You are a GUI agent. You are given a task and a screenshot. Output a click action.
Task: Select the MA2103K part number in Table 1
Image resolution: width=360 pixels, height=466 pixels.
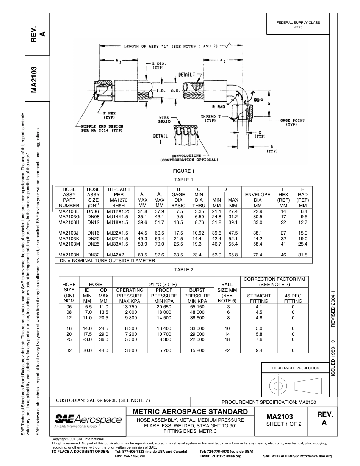[x=69, y=239]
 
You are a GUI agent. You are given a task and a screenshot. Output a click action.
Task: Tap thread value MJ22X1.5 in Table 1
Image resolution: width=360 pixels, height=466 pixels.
[x=118, y=233]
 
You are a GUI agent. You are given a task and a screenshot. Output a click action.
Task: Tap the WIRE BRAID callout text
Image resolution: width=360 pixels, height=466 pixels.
[x=164, y=120]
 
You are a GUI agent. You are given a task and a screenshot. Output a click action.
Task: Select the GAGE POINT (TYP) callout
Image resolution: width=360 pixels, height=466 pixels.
[x=292, y=122]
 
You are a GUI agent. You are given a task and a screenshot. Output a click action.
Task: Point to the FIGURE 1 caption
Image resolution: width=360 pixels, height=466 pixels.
[x=183, y=171]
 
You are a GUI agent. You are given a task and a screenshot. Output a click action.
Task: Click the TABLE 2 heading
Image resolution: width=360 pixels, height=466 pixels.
[x=183, y=270]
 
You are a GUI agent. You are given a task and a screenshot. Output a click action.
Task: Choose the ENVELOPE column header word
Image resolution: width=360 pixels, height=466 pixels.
[x=258, y=195]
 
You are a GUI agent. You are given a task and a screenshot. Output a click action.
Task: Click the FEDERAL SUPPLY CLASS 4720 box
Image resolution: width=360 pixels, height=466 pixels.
[x=298, y=25]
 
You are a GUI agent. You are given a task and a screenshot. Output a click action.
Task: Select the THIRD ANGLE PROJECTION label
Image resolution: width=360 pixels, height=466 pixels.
[x=295, y=368]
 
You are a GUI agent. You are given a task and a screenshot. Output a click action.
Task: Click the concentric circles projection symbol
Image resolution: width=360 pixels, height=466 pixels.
[x=279, y=386]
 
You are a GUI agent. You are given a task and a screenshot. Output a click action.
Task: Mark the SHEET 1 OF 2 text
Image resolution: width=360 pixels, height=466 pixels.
[x=284, y=424]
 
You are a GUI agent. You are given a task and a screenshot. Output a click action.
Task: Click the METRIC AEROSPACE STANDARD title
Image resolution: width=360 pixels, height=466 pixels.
[x=191, y=412]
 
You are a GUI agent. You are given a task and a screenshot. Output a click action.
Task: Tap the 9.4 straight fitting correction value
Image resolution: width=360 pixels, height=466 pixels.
[x=259, y=350]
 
